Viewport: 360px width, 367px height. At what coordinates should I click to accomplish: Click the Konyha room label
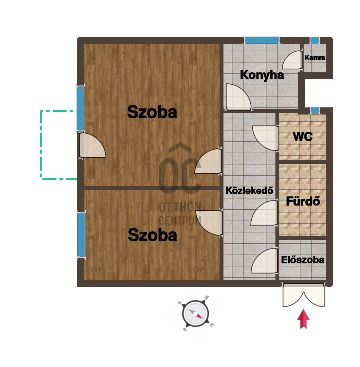[262, 75]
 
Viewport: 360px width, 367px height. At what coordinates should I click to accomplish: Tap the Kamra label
[314, 57]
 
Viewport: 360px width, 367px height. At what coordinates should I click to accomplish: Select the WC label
[303, 137]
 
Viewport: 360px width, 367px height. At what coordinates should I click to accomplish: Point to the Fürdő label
[303, 201]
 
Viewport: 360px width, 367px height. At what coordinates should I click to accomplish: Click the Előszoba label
[303, 260]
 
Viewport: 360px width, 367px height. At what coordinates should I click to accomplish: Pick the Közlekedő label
[249, 191]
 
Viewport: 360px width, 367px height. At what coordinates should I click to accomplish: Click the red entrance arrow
[303, 319]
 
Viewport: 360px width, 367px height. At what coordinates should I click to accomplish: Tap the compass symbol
[196, 313]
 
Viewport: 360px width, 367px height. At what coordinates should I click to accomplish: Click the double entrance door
[303, 295]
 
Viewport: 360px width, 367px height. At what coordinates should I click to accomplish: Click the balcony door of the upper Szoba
[92, 145]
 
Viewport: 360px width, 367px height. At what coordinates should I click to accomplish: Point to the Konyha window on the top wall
[262, 40]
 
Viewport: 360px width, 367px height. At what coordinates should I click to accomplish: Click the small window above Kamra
[314, 40]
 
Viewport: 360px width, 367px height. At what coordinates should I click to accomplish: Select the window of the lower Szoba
[81, 234]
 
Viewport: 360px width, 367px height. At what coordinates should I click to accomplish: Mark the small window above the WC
[315, 110]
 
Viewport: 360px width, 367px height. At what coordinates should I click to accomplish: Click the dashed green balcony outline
[41, 145]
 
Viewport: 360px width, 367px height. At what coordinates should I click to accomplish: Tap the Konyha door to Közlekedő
[238, 97]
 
